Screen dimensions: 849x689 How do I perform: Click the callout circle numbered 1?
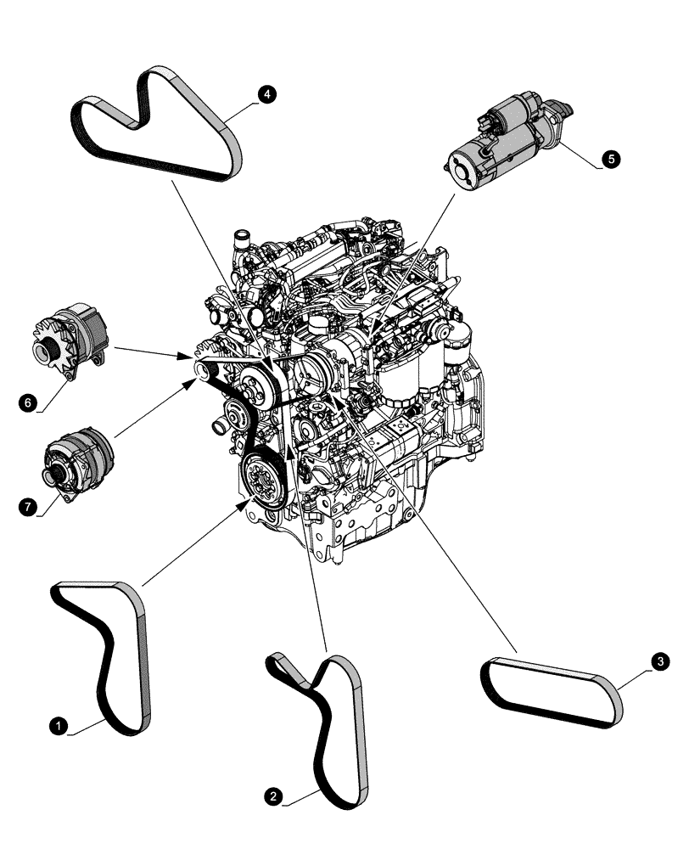[x=58, y=725]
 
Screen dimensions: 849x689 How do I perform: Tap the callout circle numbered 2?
[x=272, y=796]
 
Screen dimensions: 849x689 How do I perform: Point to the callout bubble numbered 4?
[x=268, y=95]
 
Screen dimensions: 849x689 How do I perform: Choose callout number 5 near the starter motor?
[x=609, y=159]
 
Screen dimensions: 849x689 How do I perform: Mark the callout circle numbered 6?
[x=28, y=403]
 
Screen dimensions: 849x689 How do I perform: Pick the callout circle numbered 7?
[x=28, y=508]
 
